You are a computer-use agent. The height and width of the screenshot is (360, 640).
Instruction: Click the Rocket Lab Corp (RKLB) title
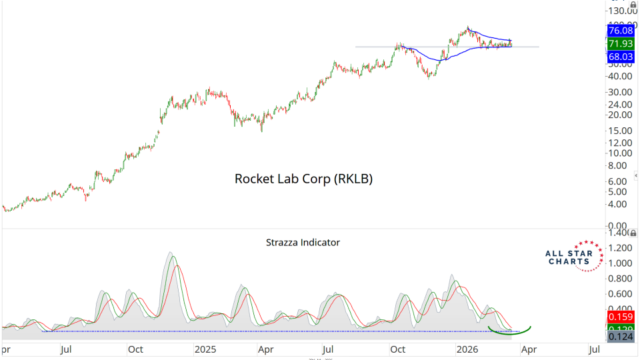click(x=303, y=179)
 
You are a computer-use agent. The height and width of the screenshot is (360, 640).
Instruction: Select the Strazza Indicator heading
click(x=303, y=243)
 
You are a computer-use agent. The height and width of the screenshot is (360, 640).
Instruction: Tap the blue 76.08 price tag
click(x=621, y=31)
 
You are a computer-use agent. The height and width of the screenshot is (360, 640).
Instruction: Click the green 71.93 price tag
click(x=621, y=44)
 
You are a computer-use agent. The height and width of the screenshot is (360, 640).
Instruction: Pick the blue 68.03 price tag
click(x=621, y=57)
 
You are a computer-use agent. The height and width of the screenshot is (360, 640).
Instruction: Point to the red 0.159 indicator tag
click(x=621, y=317)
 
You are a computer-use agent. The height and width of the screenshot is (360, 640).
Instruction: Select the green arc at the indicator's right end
click(x=510, y=330)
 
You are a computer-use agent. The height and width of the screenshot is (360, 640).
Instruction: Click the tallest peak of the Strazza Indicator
click(x=171, y=253)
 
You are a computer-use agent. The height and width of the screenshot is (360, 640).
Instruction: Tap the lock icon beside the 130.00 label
click(x=633, y=5)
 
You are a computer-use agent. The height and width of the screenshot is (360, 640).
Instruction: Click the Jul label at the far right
click(x=593, y=349)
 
